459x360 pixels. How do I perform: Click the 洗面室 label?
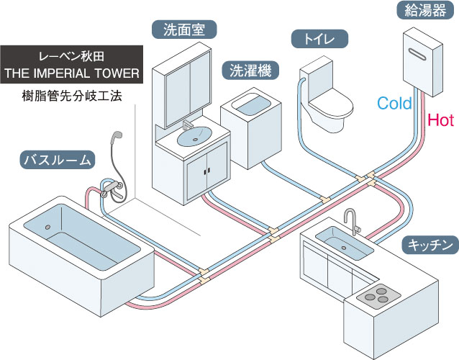point(184,30)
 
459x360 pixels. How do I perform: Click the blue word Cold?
point(394,103)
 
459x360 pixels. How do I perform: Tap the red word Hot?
point(440,119)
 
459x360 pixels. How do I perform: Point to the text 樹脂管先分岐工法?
point(71,94)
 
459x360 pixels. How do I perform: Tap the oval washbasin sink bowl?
point(194,135)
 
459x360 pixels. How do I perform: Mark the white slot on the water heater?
point(425,53)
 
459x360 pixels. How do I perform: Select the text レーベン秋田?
point(71,55)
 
